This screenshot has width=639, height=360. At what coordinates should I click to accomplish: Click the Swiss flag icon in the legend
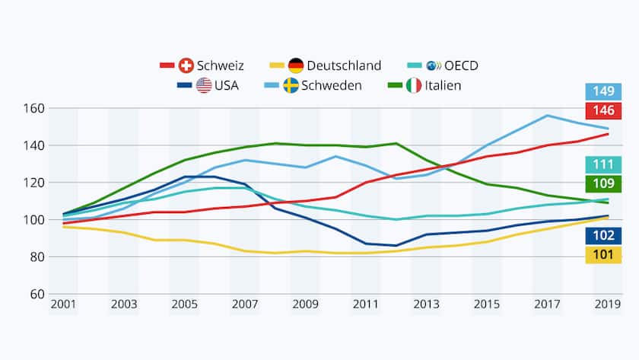187,65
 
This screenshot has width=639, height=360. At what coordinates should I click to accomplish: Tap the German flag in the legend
297,65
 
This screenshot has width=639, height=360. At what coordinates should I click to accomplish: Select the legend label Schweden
332,85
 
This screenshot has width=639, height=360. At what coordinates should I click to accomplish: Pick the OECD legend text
462,65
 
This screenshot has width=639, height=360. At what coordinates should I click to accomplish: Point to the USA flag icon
204,85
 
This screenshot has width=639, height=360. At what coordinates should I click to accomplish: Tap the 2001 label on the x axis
63,305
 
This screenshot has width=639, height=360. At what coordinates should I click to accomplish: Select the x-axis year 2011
366,305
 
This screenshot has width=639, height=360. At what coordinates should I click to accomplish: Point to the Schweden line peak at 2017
547,116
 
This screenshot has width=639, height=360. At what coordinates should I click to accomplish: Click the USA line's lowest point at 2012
396,246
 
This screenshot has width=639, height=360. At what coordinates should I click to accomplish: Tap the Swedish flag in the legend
291,85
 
